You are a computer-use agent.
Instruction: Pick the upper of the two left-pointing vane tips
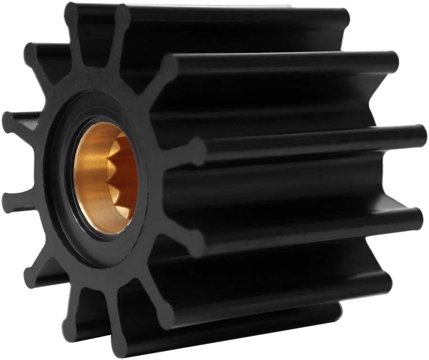[10, 120]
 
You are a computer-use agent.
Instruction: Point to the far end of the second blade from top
[390, 60]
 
